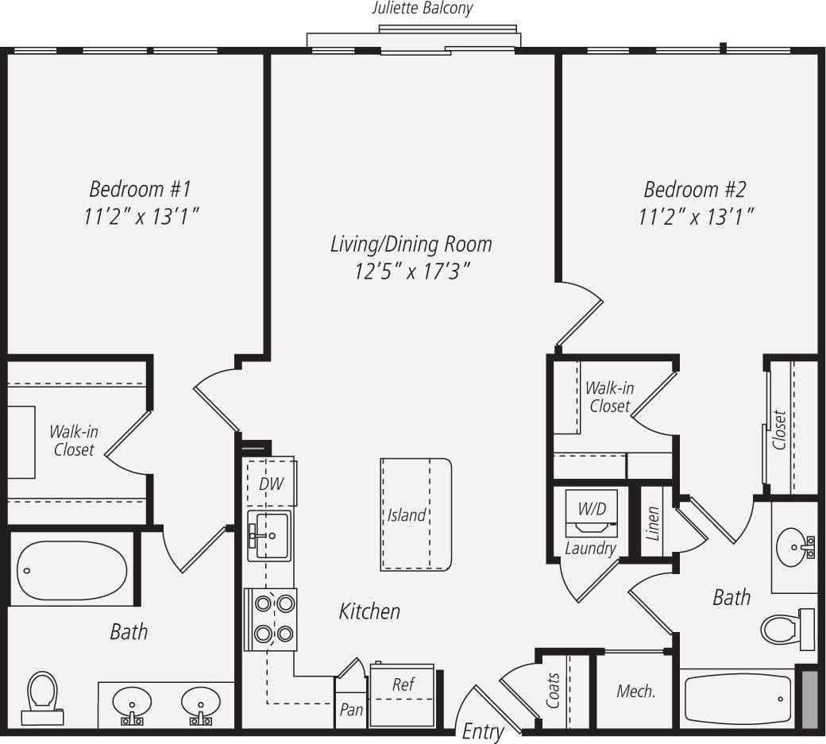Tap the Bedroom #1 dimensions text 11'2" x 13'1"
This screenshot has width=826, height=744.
pos(140,217)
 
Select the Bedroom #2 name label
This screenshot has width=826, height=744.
pos(695,190)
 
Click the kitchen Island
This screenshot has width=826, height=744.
pos(415,515)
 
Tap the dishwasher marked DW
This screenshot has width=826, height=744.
pos(271,482)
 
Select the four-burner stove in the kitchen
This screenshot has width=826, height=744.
pos(271,619)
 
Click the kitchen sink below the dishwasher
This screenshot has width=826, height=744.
pos(269,535)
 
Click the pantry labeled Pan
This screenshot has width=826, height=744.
pos(350,709)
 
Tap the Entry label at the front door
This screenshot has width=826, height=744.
pos(483,731)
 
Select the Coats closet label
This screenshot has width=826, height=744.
pos(554,691)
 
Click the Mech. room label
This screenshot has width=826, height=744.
pos(636,692)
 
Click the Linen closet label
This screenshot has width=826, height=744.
pos(653,524)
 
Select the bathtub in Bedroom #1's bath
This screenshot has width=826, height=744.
pos(71,569)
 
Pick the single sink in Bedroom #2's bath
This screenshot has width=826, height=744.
pos(794,546)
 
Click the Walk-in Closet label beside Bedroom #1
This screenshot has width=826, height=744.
pos(73,441)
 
